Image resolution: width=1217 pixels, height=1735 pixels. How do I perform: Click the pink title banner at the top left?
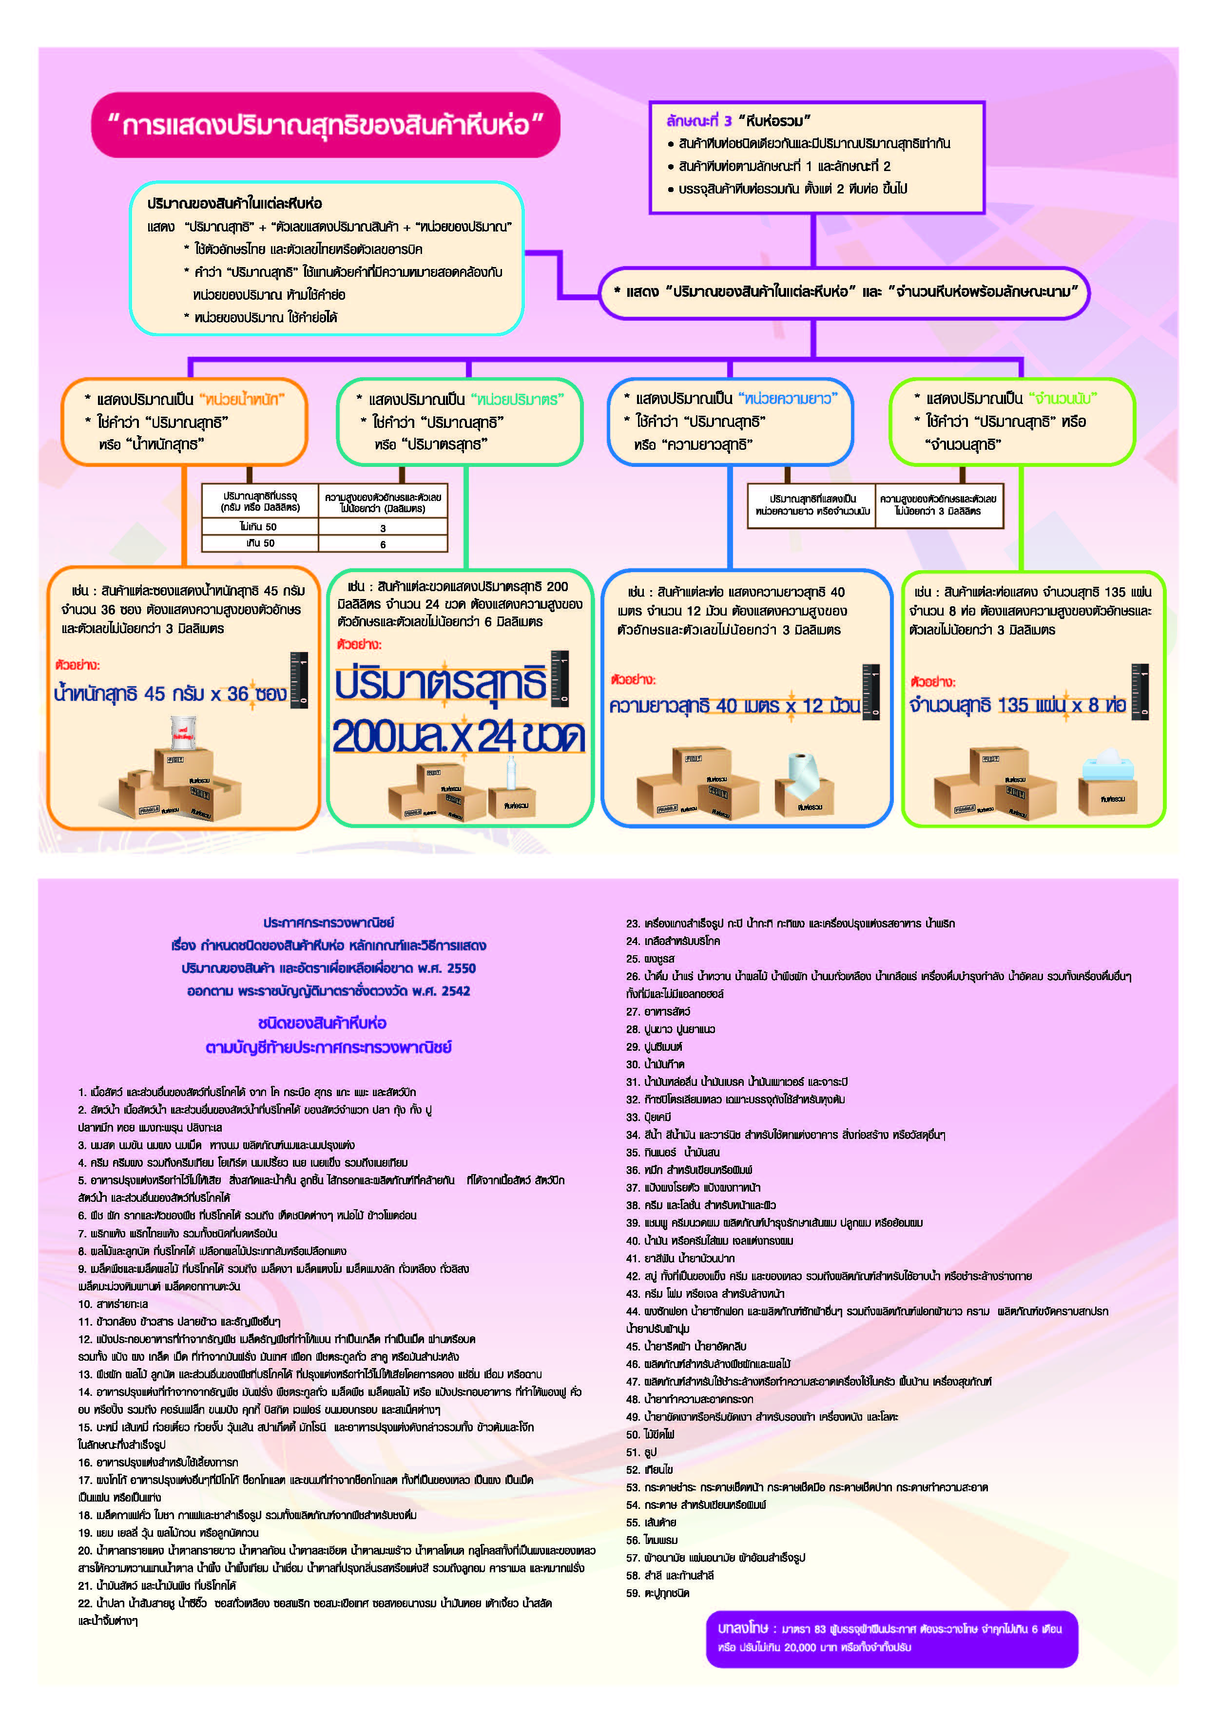[325, 125]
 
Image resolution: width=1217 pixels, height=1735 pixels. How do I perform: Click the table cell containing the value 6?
[383, 544]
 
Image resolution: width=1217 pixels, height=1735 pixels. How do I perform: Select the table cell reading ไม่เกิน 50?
[259, 527]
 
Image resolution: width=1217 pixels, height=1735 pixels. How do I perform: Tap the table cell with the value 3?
[383, 527]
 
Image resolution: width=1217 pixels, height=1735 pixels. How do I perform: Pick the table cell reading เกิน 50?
[259, 543]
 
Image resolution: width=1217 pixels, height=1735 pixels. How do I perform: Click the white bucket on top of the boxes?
[183, 732]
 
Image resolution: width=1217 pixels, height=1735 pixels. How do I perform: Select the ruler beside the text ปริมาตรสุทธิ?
[560, 678]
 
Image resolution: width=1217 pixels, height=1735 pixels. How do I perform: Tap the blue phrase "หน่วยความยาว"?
[788, 398]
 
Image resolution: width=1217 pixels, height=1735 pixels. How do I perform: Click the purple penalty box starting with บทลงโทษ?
[891, 1639]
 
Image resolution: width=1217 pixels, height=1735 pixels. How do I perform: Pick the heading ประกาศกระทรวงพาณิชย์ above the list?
[328, 922]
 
